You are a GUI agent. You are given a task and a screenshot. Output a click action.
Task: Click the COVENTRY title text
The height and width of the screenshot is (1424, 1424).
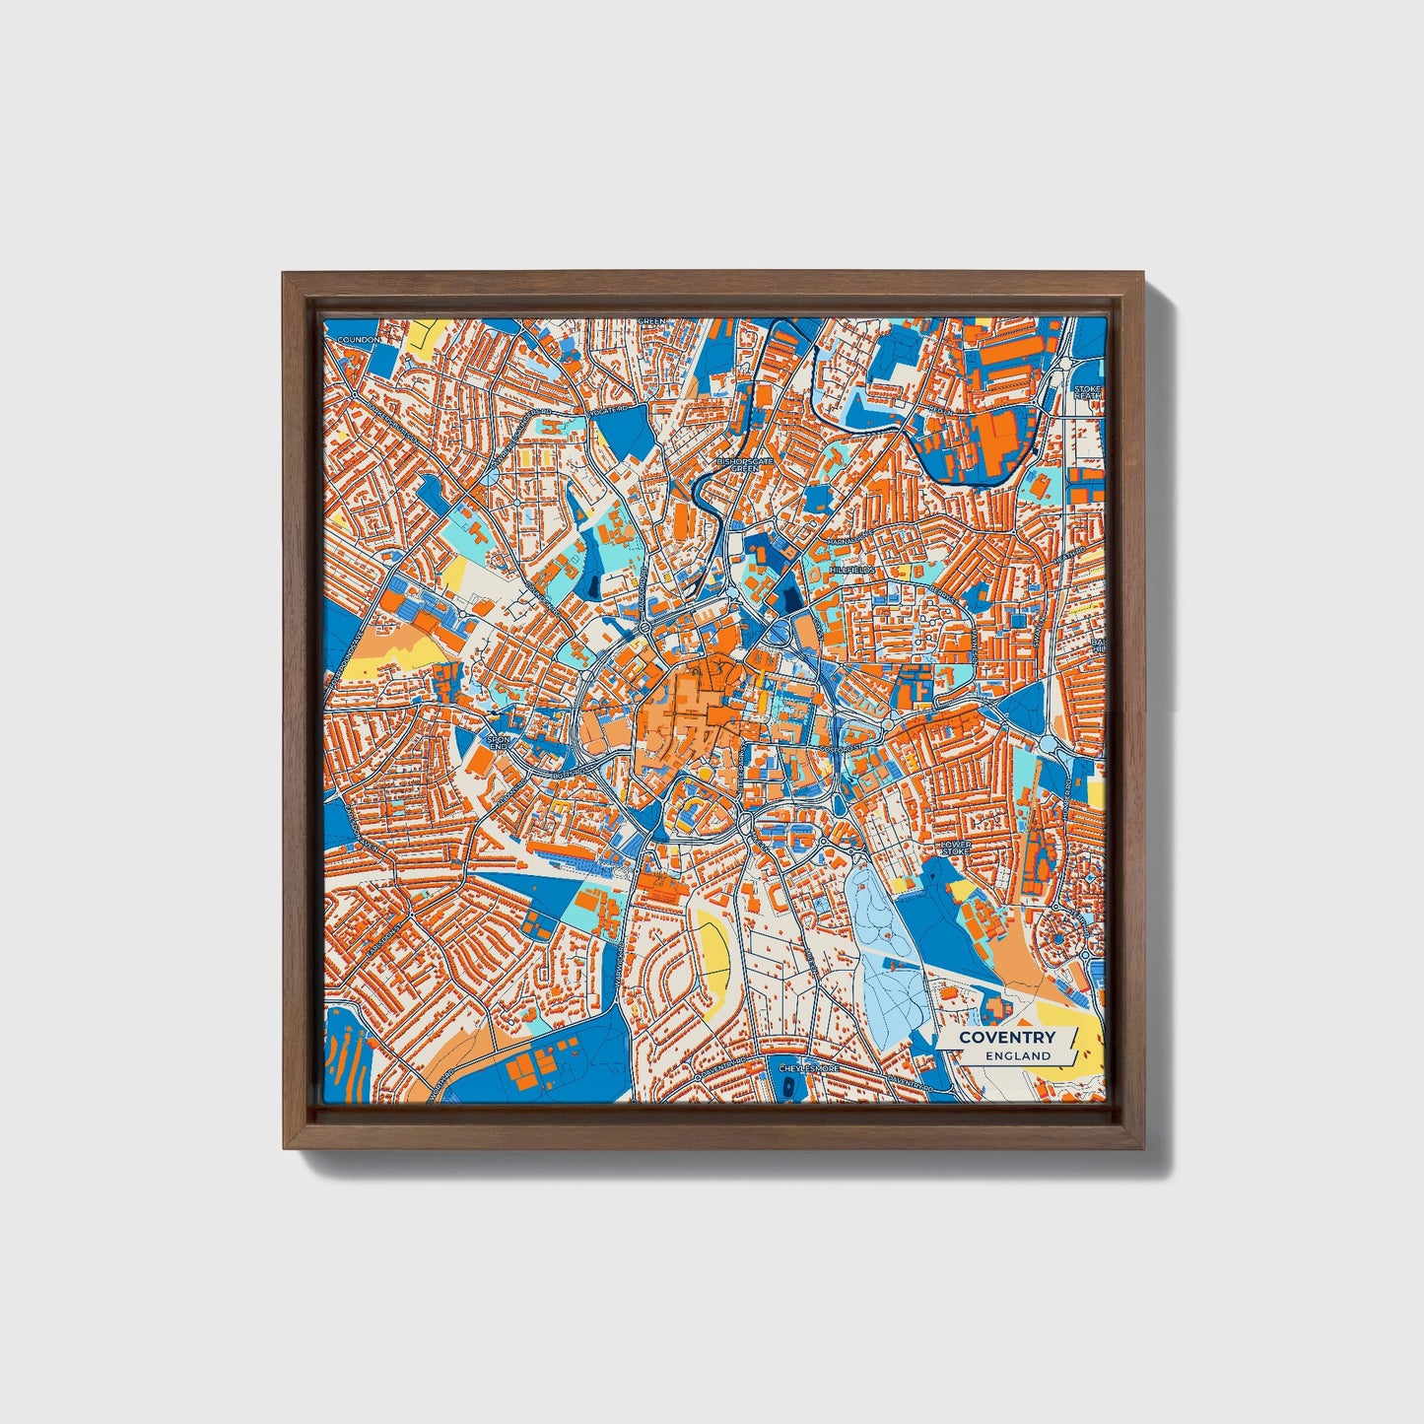pyautogui.click(x=1006, y=1037)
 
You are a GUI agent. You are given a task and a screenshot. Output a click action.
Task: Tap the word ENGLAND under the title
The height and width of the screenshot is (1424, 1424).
pyautogui.click(x=1018, y=1055)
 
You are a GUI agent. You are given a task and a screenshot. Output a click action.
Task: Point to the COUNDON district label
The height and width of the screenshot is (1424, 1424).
pyautogui.click(x=358, y=340)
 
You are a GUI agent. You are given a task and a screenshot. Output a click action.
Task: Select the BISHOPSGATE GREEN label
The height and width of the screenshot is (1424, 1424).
pyautogui.click(x=745, y=464)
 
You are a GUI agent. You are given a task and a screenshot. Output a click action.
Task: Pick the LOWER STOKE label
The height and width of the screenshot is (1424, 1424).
pyautogui.click(x=956, y=849)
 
